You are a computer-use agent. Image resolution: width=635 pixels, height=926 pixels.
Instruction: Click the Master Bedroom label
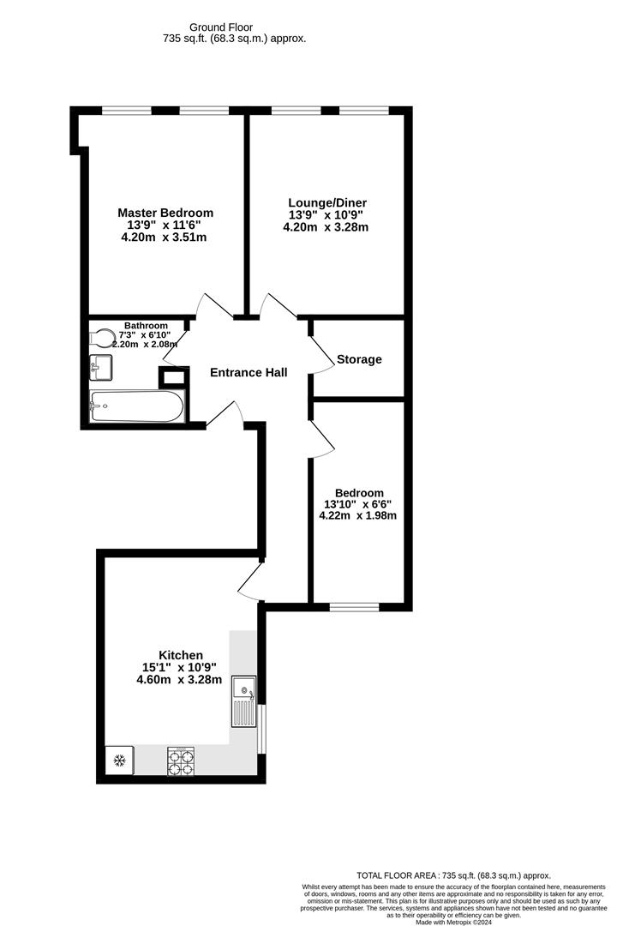[x=165, y=213]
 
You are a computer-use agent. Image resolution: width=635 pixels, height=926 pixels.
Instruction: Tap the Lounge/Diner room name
[x=326, y=203]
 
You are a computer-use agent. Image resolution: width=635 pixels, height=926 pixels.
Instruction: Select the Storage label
[x=359, y=359]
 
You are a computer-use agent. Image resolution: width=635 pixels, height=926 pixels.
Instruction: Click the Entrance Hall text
[x=249, y=372]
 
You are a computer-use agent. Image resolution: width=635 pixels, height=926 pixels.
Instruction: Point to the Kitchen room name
[x=180, y=655]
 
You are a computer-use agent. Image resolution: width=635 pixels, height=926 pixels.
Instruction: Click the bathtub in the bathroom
[x=136, y=406]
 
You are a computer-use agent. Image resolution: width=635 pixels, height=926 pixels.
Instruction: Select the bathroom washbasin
[x=99, y=368]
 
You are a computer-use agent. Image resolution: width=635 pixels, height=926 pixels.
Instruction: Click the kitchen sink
[x=243, y=702]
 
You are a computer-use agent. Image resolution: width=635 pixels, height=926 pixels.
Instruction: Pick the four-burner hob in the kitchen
[x=182, y=761]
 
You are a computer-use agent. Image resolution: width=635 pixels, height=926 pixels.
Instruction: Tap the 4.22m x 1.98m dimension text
[x=357, y=516]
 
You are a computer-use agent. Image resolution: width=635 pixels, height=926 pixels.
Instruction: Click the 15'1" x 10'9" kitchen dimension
[x=180, y=667]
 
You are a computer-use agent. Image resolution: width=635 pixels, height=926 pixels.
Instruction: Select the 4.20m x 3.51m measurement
[x=165, y=238]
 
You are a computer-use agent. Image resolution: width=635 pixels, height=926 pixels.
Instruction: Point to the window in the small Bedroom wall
[x=355, y=607]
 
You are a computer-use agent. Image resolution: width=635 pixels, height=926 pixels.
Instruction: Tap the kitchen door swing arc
[x=251, y=582]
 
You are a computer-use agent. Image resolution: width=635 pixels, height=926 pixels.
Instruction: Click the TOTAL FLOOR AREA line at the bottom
[x=453, y=875]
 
